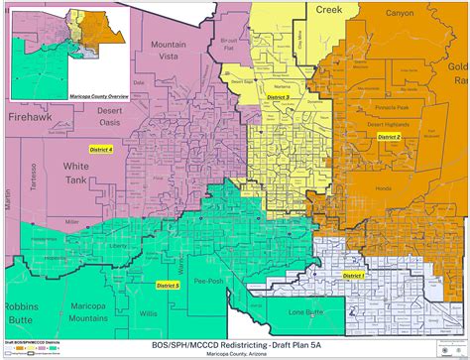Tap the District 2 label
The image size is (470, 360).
click(x=388, y=137)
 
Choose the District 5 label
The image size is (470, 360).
click(x=169, y=285)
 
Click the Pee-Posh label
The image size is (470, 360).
click(x=208, y=282)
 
